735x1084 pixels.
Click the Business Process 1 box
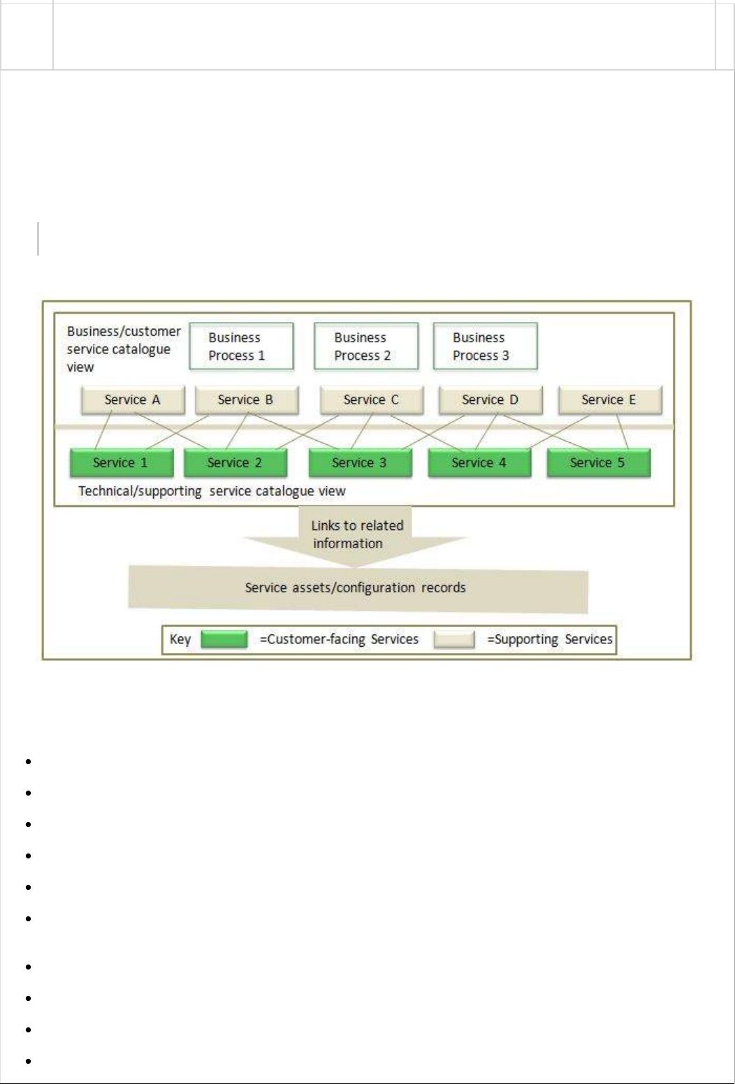(241, 346)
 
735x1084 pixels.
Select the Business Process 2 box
(366, 346)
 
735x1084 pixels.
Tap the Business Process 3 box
(485, 346)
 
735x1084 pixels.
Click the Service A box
(133, 400)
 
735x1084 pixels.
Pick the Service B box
(246, 400)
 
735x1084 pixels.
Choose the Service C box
(371, 400)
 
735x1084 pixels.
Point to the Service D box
(490, 400)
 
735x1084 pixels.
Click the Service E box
(609, 400)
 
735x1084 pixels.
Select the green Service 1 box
(121, 462)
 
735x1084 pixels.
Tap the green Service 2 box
(235, 462)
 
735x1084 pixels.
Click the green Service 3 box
(360, 462)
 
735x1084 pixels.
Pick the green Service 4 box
(479, 462)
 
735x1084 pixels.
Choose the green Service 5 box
(598, 462)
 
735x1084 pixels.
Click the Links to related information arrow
(356, 535)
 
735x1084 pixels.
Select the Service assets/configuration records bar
(356, 588)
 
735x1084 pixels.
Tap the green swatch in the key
(224, 639)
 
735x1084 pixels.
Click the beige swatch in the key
(454, 639)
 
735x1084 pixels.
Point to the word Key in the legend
(180, 639)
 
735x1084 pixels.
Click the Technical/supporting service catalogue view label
(212, 491)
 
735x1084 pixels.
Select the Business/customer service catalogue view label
(123, 349)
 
